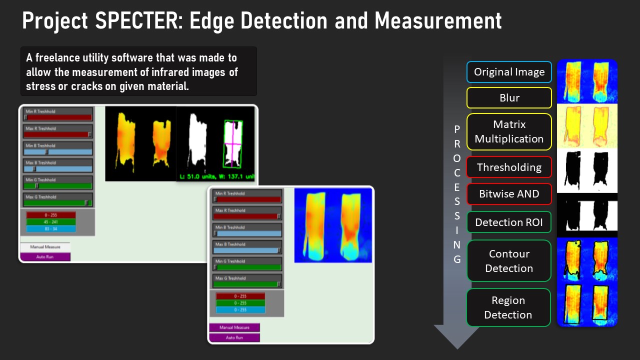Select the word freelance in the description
59,58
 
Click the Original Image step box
509,72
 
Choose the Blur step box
509,98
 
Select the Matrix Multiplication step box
509,131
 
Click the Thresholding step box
509,167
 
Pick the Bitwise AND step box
509,194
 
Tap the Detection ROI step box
509,222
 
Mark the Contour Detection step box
509,261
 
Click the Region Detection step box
509,307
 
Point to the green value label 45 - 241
51,222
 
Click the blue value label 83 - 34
51,229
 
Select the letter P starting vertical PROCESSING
457,129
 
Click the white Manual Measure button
45,247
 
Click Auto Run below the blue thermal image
234,337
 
